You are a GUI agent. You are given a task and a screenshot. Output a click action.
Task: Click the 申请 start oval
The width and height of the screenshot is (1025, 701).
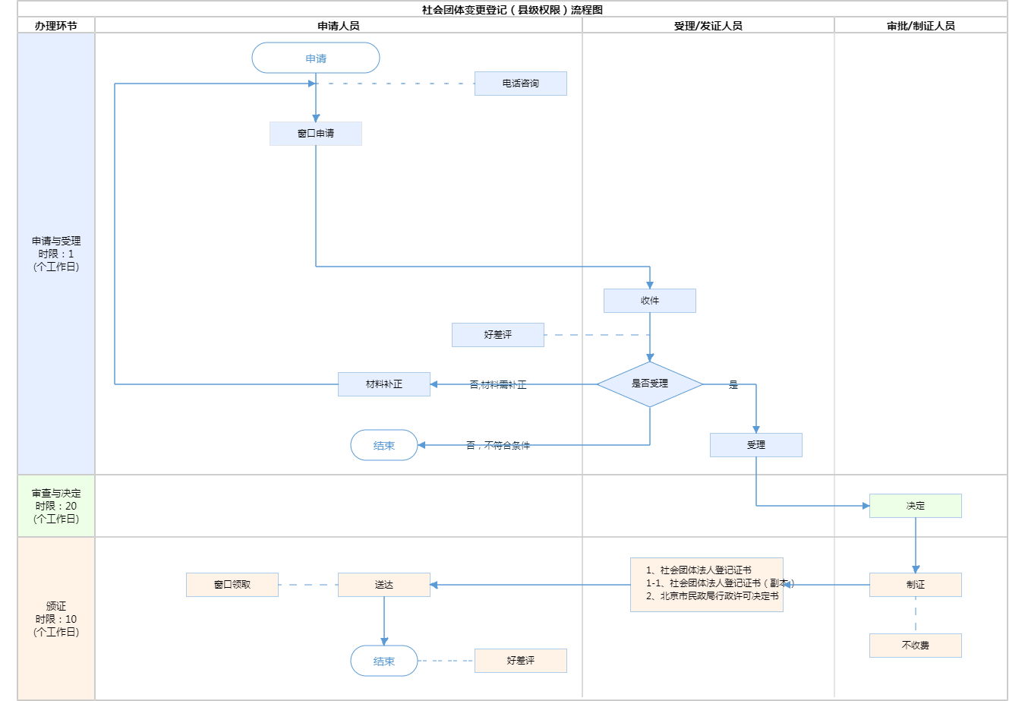point(316,58)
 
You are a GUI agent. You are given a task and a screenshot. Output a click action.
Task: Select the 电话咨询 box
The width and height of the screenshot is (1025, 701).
point(520,84)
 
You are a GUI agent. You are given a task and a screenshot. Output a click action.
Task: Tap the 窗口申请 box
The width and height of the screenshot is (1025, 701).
point(316,134)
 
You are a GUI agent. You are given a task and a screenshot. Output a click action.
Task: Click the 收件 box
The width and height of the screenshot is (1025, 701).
point(650,301)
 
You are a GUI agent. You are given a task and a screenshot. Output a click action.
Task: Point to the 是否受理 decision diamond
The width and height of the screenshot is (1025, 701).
point(650,384)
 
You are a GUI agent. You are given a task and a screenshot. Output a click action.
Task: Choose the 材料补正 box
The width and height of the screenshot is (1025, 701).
point(384,384)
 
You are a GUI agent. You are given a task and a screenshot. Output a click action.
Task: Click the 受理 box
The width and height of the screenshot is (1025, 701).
point(756,445)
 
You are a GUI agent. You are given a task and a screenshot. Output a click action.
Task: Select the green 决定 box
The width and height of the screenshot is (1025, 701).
point(916,506)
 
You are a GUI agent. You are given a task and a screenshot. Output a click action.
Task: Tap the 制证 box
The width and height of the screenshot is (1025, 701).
point(916,585)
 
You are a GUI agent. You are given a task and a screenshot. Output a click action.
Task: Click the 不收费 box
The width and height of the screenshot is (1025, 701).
point(916,646)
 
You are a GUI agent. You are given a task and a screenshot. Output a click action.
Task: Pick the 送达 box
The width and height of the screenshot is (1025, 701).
point(384,585)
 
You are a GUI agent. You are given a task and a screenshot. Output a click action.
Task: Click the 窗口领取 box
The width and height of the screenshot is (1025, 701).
point(232,585)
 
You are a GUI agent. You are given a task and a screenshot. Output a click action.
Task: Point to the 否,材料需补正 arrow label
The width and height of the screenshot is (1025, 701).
point(498,385)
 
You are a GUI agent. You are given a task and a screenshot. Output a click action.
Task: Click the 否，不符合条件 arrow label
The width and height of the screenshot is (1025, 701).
point(498,446)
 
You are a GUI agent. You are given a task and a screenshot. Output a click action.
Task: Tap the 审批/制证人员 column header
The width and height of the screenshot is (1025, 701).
point(921,26)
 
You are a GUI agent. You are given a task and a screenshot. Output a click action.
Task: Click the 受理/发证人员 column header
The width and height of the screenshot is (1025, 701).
point(708,26)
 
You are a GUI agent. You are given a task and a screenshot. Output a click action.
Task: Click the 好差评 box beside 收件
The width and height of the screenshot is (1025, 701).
point(498,335)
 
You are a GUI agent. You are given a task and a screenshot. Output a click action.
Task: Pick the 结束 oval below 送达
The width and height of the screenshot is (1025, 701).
point(384,661)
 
